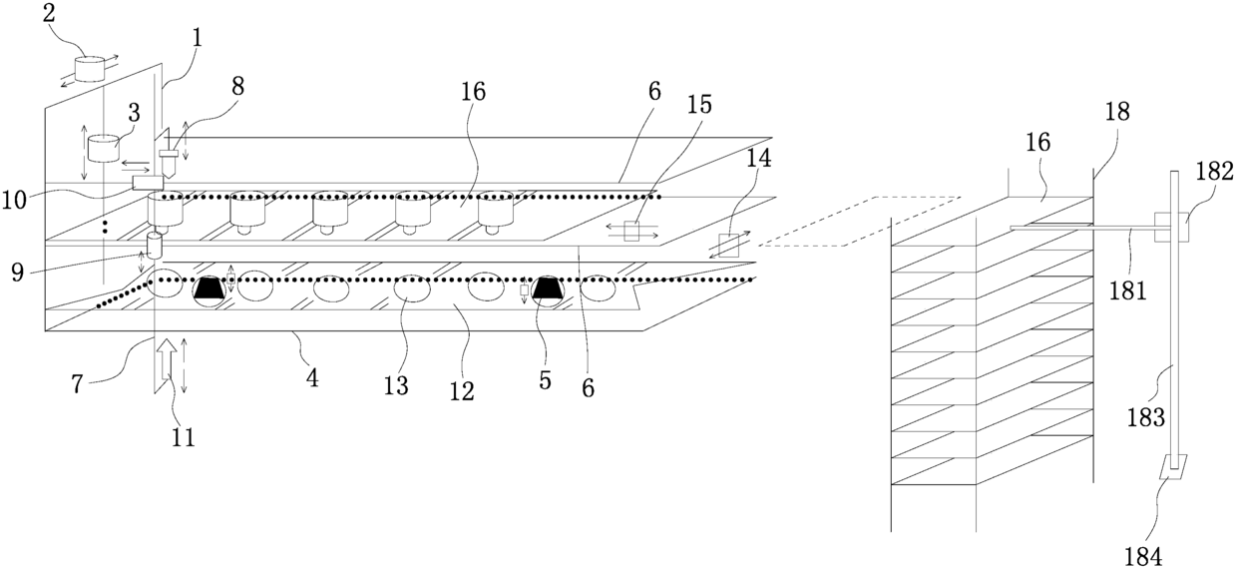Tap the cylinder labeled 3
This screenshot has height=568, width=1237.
102,149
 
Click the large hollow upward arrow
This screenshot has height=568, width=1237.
167,356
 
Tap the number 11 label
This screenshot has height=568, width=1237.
184,436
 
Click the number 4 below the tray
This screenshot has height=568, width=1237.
312,379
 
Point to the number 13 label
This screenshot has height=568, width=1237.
396,385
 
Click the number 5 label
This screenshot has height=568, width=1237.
545,379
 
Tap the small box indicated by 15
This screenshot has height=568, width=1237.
630,233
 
